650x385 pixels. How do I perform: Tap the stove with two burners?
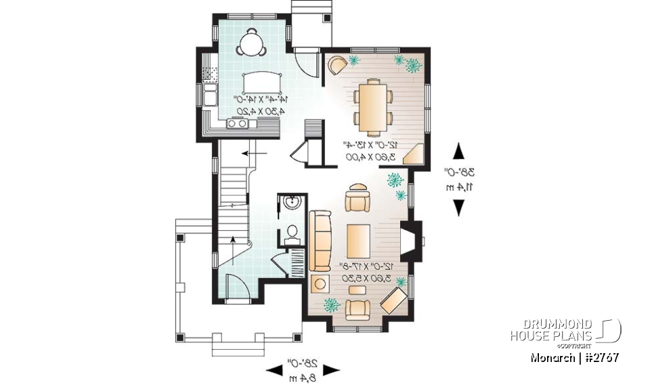pyautogui.click(x=238, y=122)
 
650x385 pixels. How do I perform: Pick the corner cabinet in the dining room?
pyautogui.click(x=414, y=154)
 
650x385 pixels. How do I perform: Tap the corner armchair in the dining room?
pyautogui.click(x=337, y=64)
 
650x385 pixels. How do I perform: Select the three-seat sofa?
pyautogui.click(x=320, y=240)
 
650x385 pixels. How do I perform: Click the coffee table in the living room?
pyautogui.click(x=360, y=240)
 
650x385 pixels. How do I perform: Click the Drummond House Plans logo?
pyautogui.click(x=565, y=330)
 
